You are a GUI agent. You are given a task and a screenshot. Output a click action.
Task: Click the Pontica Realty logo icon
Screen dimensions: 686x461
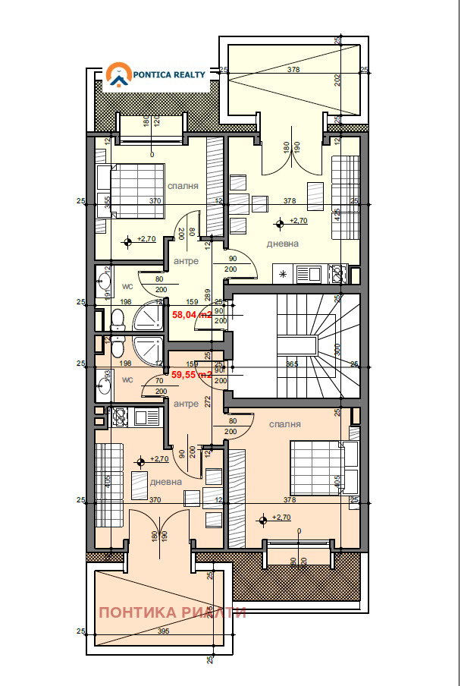[117, 74]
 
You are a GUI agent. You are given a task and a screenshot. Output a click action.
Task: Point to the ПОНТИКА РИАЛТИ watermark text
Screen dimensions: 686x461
[172, 612]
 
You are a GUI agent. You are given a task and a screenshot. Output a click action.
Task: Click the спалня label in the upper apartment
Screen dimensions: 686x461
[183, 185]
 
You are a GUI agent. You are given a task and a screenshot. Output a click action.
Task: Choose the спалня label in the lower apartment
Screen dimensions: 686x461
[284, 424]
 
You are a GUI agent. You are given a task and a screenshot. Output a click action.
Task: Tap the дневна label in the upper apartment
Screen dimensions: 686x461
[282, 244]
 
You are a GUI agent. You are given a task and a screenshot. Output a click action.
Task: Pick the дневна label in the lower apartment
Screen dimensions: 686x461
[165, 481]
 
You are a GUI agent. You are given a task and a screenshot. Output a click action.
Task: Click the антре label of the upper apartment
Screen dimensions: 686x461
[186, 261]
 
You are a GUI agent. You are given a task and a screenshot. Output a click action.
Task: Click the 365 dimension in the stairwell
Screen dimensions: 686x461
[293, 364]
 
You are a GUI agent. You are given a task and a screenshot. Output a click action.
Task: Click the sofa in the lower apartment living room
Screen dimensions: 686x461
[109, 483]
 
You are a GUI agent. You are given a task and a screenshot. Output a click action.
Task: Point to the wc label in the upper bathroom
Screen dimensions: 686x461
[128, 287]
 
